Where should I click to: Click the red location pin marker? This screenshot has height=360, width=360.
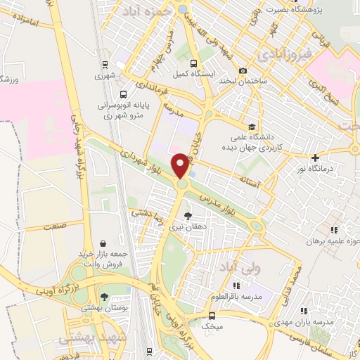(x=181, y=166)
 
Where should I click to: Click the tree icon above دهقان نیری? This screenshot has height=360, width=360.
(x=187, y=217)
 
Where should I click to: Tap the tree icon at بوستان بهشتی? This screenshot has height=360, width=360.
(x=105, y=297)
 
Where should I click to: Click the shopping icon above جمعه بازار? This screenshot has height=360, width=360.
(x=104, y=243)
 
